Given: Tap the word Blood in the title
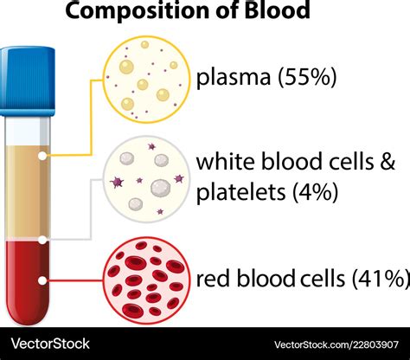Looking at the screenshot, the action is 277,10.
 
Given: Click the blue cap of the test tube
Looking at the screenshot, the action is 27,81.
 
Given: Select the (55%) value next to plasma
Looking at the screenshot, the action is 307,77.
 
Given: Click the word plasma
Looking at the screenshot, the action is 234,78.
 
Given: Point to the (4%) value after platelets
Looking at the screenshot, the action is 315,192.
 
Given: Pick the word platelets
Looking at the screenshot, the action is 240,192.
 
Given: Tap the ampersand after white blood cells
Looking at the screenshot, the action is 388,161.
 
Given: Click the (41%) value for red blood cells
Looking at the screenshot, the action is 381,278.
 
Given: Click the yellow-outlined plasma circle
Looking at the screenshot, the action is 147,80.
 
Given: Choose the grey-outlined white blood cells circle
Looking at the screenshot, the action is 146,179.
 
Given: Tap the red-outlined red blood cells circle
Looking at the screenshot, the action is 147,280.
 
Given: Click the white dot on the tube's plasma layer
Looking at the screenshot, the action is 42,156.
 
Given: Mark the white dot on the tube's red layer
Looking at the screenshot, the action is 42,280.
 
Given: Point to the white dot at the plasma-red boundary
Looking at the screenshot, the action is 42,240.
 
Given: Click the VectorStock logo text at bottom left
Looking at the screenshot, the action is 50,344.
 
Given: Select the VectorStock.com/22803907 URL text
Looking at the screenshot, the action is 336,344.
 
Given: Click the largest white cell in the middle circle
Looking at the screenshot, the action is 161,188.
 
